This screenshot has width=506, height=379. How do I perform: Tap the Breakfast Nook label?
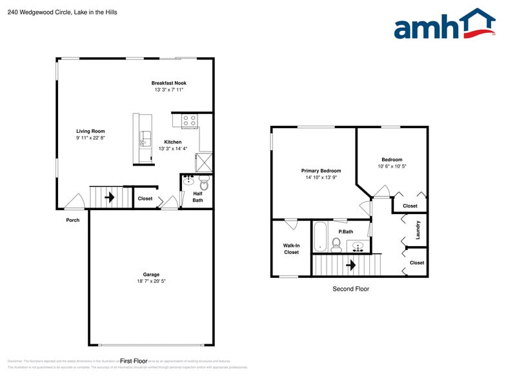(x=169, y=83)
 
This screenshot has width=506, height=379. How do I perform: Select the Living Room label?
(x=90, y=131)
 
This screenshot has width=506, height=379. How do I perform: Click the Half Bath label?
(x=197, y=196)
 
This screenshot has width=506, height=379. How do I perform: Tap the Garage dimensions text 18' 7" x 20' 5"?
(x=151, y=281)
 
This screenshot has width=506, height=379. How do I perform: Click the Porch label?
(x=73, y=220)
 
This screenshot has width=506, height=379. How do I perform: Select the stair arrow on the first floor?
(x=110, y=197)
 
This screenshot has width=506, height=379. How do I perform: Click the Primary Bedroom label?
(x=321, y=171)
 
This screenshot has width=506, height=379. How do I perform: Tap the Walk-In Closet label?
(x=291, y=249)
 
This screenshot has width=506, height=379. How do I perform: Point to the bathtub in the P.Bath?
(x=321, y=237)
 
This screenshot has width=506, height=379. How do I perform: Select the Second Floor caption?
(x=350, y=289)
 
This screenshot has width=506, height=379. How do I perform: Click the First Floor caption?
(x=134, y=361)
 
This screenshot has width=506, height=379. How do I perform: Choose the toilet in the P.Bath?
(x=336, y=244)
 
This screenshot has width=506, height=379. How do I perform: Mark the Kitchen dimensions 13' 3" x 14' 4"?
(x=172, y=149)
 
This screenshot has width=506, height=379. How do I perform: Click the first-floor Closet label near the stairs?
(x=145, y=199)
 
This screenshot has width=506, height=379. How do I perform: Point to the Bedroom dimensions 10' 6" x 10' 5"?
(x=392, y=166)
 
